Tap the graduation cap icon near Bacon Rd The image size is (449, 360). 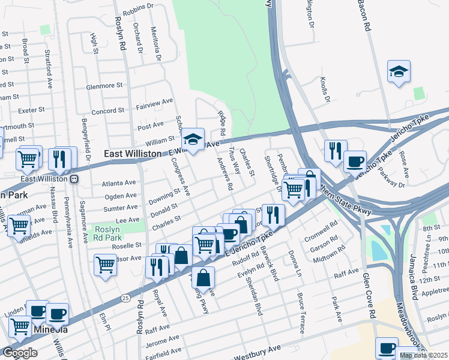(399, 72)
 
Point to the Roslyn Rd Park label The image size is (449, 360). (116, 234)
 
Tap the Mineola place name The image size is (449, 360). (49, 330)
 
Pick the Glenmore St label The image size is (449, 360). (105, 86)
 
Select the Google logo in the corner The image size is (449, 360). (20, 352)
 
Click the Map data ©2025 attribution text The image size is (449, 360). (423, 355)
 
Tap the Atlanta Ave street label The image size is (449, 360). (119, 183)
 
